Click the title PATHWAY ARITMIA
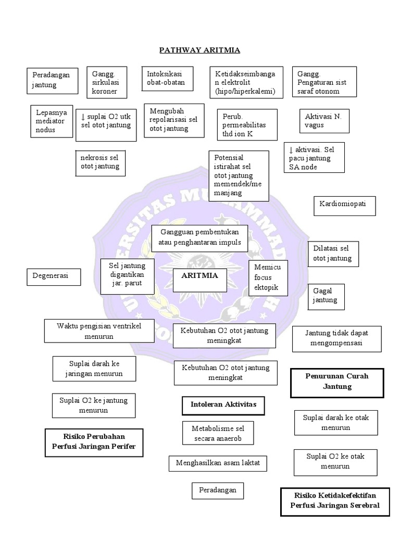pos(199,50)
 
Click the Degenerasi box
pos(54,276)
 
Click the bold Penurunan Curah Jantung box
pos(337,382)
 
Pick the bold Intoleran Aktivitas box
pos(220,405)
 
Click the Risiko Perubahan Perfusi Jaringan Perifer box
pos(94,442)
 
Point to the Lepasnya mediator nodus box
pos(50,121)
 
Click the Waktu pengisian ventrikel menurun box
pos(99,332)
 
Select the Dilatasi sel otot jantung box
pos(333,253)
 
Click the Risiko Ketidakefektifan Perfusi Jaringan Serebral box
pos(336,501)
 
